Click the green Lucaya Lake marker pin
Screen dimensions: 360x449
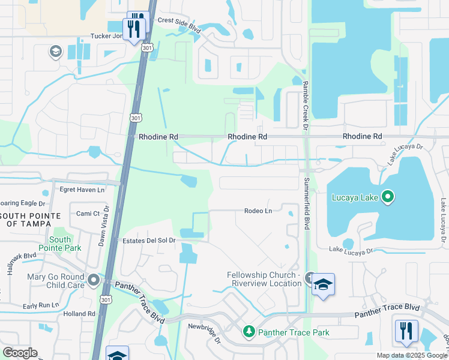(x=387, y=196)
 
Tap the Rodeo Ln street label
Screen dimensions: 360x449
(x=258, y=211)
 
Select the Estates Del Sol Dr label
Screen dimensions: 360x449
(x=148, y=241)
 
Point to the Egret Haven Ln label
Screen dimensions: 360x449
(x=82, y=190)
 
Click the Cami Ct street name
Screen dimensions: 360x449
(x=88, y=214)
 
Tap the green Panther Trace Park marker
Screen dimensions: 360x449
(x=249, y=331)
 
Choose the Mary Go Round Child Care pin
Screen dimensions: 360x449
(x=93, y=280)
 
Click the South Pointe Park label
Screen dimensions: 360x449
(x=60, y=243)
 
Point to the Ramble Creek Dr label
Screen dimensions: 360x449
(x=305, y=106)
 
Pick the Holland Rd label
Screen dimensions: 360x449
(x=79, y=313)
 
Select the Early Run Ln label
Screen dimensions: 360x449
(x=41, y=305)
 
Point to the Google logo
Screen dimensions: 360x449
(x=20, y=353)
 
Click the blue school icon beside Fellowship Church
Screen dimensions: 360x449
(x=323, y=284)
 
